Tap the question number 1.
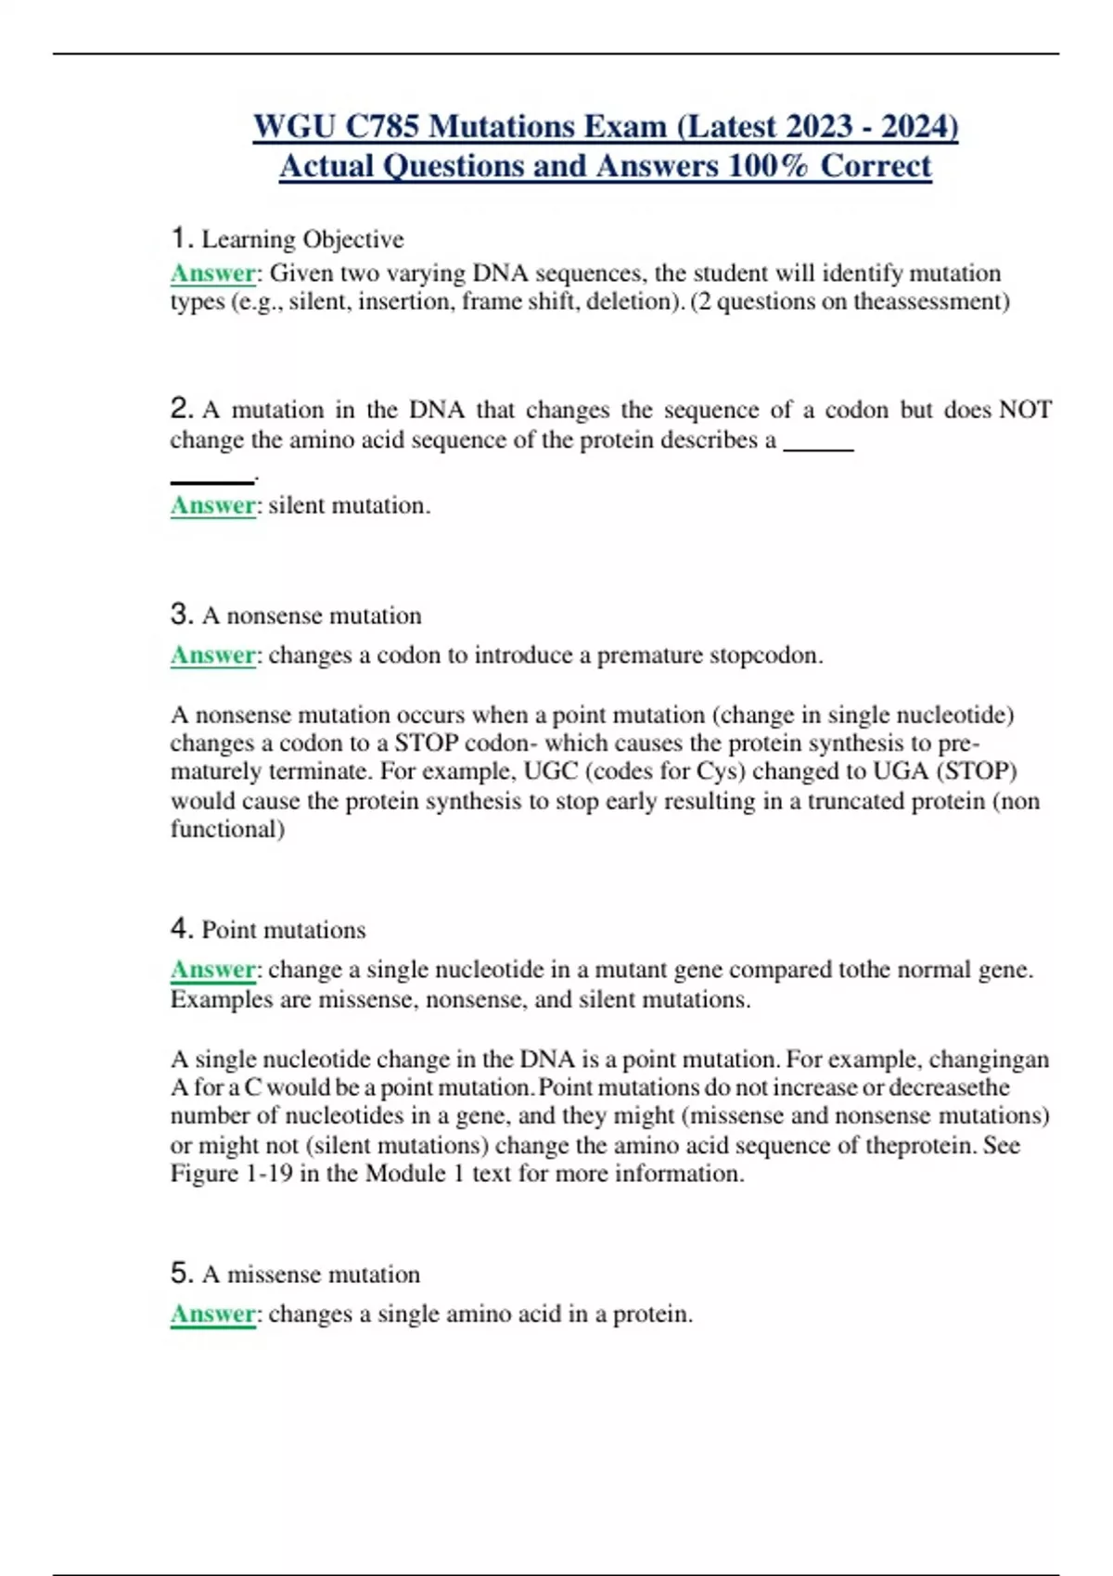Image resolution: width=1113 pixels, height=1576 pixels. [x=180, y=238]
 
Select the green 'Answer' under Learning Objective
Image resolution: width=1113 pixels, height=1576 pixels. [x=212, y=273]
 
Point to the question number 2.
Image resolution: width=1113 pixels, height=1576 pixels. [x=180, y=408]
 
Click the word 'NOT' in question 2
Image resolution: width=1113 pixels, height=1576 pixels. [x=1025, y=410]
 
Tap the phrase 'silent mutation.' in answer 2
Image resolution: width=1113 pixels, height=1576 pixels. [x=350, y=505]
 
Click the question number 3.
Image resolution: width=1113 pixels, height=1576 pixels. [x=180, y=614]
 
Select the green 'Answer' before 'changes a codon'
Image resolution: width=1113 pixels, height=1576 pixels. [x=212, y=655]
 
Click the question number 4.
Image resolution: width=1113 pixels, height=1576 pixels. [x=180, y=928]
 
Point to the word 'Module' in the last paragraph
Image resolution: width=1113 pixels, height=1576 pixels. [x=405, y=1174]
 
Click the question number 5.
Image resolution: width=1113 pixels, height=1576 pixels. [x=180, y=1273]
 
